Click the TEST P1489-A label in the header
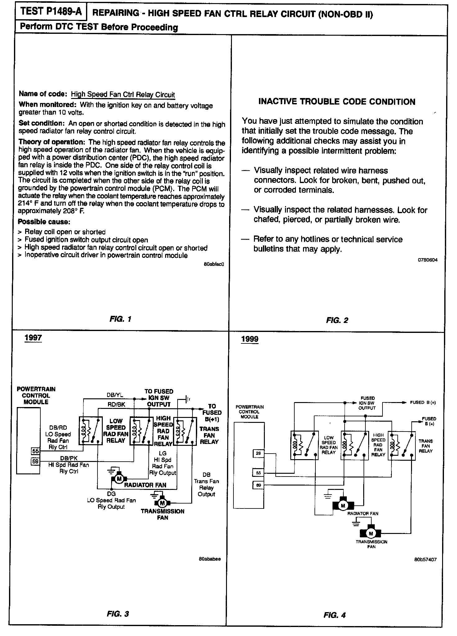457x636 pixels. point(51,12)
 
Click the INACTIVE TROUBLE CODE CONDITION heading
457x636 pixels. point(337,102)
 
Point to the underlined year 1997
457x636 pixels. point(33,338)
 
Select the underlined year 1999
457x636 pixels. point(250,339)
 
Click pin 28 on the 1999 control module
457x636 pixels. point(258,454)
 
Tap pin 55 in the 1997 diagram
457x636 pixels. point(35,451)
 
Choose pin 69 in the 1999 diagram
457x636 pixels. point(258,485)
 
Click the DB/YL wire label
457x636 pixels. point(115,395)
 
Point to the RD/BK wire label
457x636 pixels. point(116,405)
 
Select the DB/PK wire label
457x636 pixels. point(69,458)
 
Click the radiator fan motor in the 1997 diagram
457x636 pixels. point(119,479)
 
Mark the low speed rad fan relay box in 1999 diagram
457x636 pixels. point(305,445)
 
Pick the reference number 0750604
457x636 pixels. point(428,260)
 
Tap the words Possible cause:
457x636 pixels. point(44,222)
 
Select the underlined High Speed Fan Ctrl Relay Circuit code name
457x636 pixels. point(123,95)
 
